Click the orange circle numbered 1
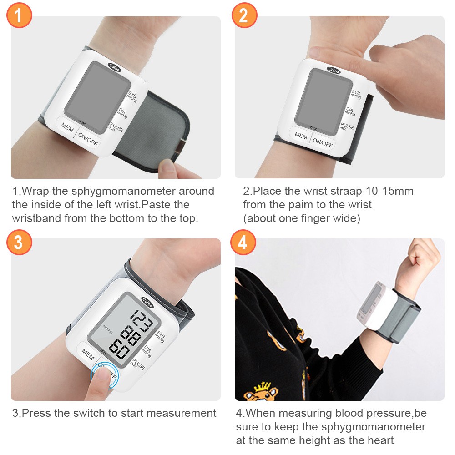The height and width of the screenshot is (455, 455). pos(19,15)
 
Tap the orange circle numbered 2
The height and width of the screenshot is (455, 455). pos(244,15)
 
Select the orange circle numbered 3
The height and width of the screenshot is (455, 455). pos(19,243)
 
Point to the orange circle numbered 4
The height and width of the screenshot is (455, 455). pos(243,243)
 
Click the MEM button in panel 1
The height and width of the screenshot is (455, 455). pos(67,127)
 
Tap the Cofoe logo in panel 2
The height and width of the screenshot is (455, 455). pos(334,70)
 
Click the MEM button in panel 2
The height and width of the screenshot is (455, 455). pos(301,136)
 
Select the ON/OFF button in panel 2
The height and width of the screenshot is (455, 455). pos(323,142)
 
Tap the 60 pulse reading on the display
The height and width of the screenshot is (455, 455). pos(119,349)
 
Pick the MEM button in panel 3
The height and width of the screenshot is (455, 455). pos(88,354)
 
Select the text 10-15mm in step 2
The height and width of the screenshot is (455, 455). pos(389,191)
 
